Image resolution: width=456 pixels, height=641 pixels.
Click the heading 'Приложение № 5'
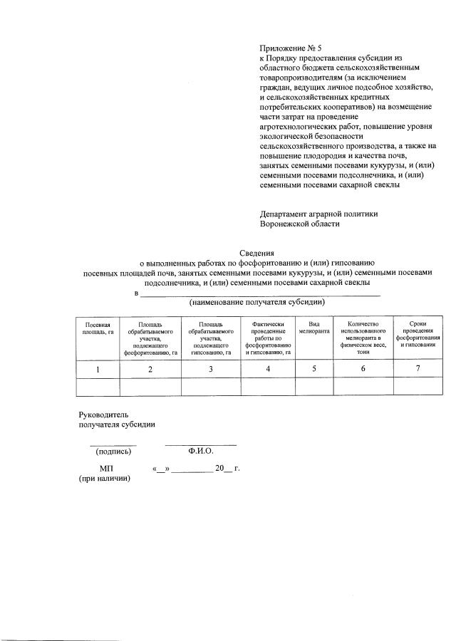[x=291, y=49]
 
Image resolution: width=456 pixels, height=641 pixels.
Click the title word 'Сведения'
[x=256, y=252]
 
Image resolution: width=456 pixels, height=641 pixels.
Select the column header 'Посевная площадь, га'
[x=98, y=328]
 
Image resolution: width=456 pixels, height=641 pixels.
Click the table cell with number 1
[x=98, y=369]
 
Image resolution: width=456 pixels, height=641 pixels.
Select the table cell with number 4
[x=268, y=369]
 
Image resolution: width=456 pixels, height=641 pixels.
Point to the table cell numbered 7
[x=418, y=368]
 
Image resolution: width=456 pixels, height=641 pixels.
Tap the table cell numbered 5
[x=314, y=369]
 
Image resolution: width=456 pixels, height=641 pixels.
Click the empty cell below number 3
[x=211, y=386]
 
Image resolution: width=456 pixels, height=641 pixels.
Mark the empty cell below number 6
[x=363, y=386]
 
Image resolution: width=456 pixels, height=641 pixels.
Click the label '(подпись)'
[x=113, y=451]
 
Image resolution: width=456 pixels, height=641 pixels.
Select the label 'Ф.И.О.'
[x=201, y=451]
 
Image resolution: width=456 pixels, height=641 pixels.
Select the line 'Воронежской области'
[x=300, y=223]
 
